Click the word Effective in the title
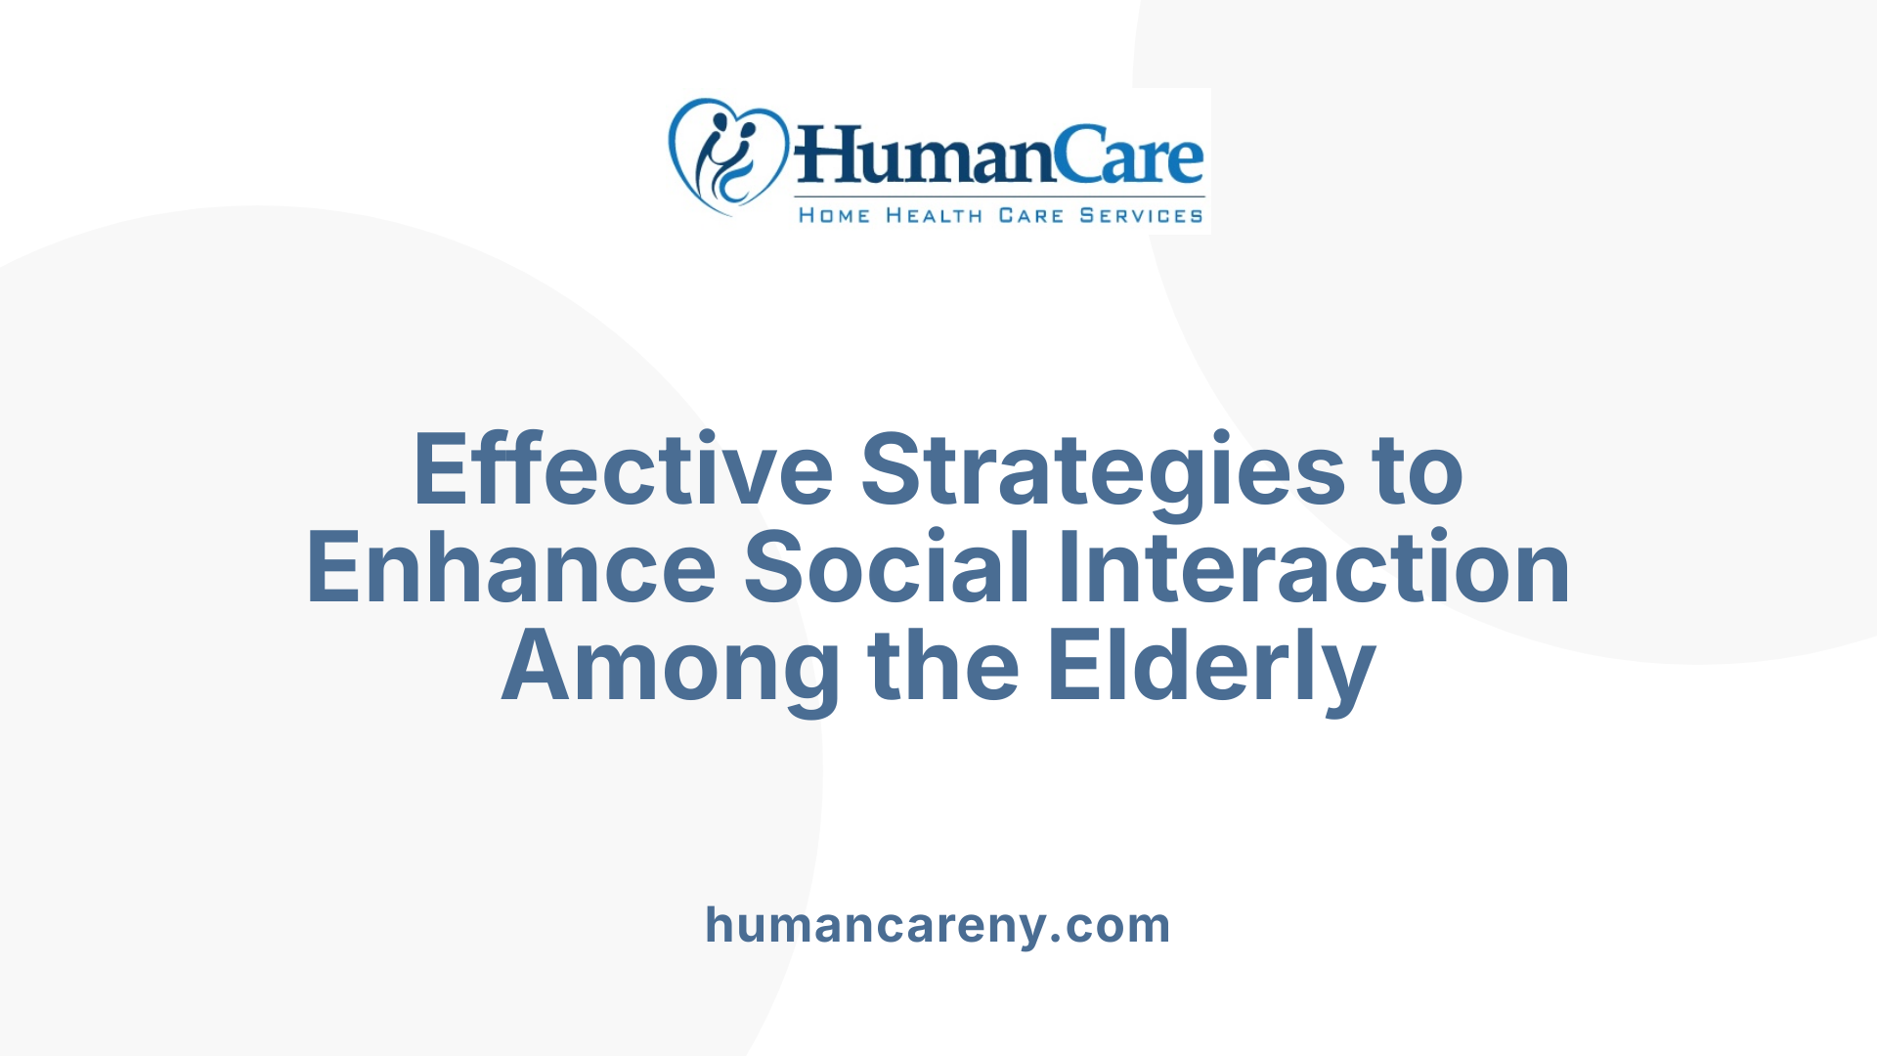coord(623,470)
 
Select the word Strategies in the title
coord(1104,470)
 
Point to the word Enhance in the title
coord(511,568)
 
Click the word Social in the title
coord(887,568)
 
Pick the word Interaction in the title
coord(1315,568)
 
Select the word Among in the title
coord(671,667)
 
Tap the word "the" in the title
coord(944,667)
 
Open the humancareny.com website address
coord(938,925)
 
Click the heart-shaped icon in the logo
coord(727,156)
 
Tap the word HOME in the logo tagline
coord(834,215)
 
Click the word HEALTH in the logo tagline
coord(934,215)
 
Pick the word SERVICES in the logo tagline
coord(1141,215)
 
